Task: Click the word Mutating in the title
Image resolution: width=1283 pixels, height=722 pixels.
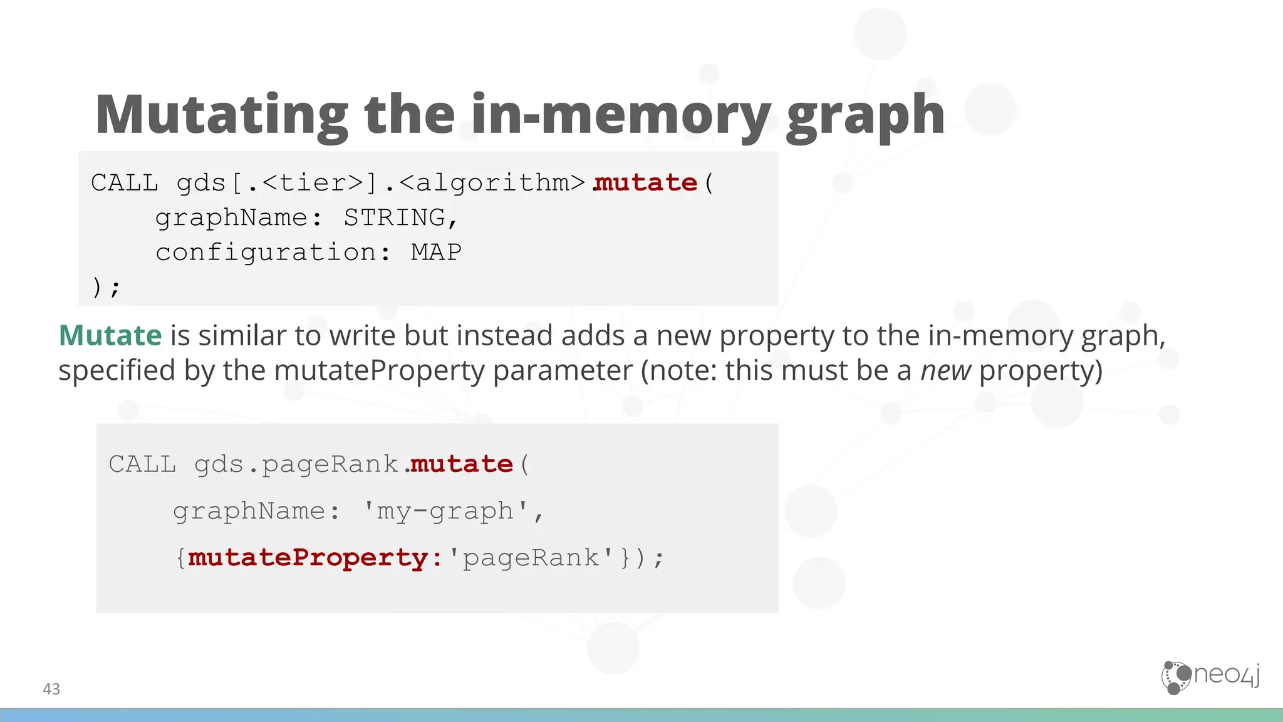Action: (x=221, y=115)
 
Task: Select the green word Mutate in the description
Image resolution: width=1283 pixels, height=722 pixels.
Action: (x=110, y=335)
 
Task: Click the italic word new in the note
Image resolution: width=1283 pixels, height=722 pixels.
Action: (x=945, y=370)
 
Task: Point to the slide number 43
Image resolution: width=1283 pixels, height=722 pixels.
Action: (x=51, y=689)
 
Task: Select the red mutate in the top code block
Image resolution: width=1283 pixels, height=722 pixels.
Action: (x=646, y=183)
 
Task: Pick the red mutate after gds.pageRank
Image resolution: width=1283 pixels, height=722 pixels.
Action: (x=462, y=464)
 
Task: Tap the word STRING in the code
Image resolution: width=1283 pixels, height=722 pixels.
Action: (x=395, y=217)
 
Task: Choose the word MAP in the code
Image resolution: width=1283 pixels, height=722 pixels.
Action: (x=436, y=253)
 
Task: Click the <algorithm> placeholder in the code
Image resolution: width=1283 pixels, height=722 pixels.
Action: (x=492, y=183)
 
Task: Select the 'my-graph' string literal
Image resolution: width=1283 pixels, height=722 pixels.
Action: (x=447, y=511)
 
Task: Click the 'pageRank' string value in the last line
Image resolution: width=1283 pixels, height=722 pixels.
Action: (x=531, y=558)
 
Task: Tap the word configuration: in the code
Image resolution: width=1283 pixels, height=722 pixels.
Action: (x=273, y=253)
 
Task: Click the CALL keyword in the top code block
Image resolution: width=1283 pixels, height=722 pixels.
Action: (x=125, y=183)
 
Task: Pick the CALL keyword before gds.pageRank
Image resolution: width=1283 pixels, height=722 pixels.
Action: (x=142, y=464)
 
